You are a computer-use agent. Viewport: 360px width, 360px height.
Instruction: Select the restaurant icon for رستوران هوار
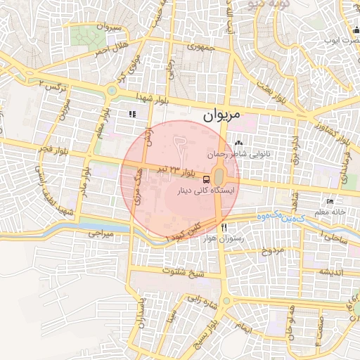coord(224,227)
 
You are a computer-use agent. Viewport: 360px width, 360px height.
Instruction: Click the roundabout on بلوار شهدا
coord(111,90)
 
